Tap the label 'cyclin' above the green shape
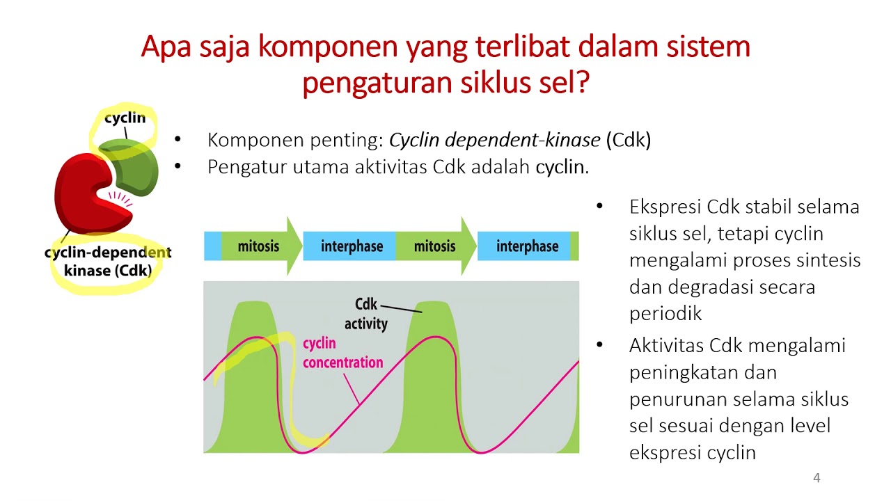point(125,119)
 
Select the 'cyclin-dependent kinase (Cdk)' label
point(108,261)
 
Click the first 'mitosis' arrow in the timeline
point(258,246)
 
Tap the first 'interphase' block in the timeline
point(352,246)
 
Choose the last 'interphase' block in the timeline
point(527,246)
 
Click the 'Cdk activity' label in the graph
point(366,315)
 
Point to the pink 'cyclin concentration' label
point(342,353)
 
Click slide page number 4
point(817,478)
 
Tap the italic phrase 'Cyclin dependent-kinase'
point(494,140)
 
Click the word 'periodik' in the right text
point(665,313)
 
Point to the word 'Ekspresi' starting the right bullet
point(665,207)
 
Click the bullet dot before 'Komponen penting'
point(178,140)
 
